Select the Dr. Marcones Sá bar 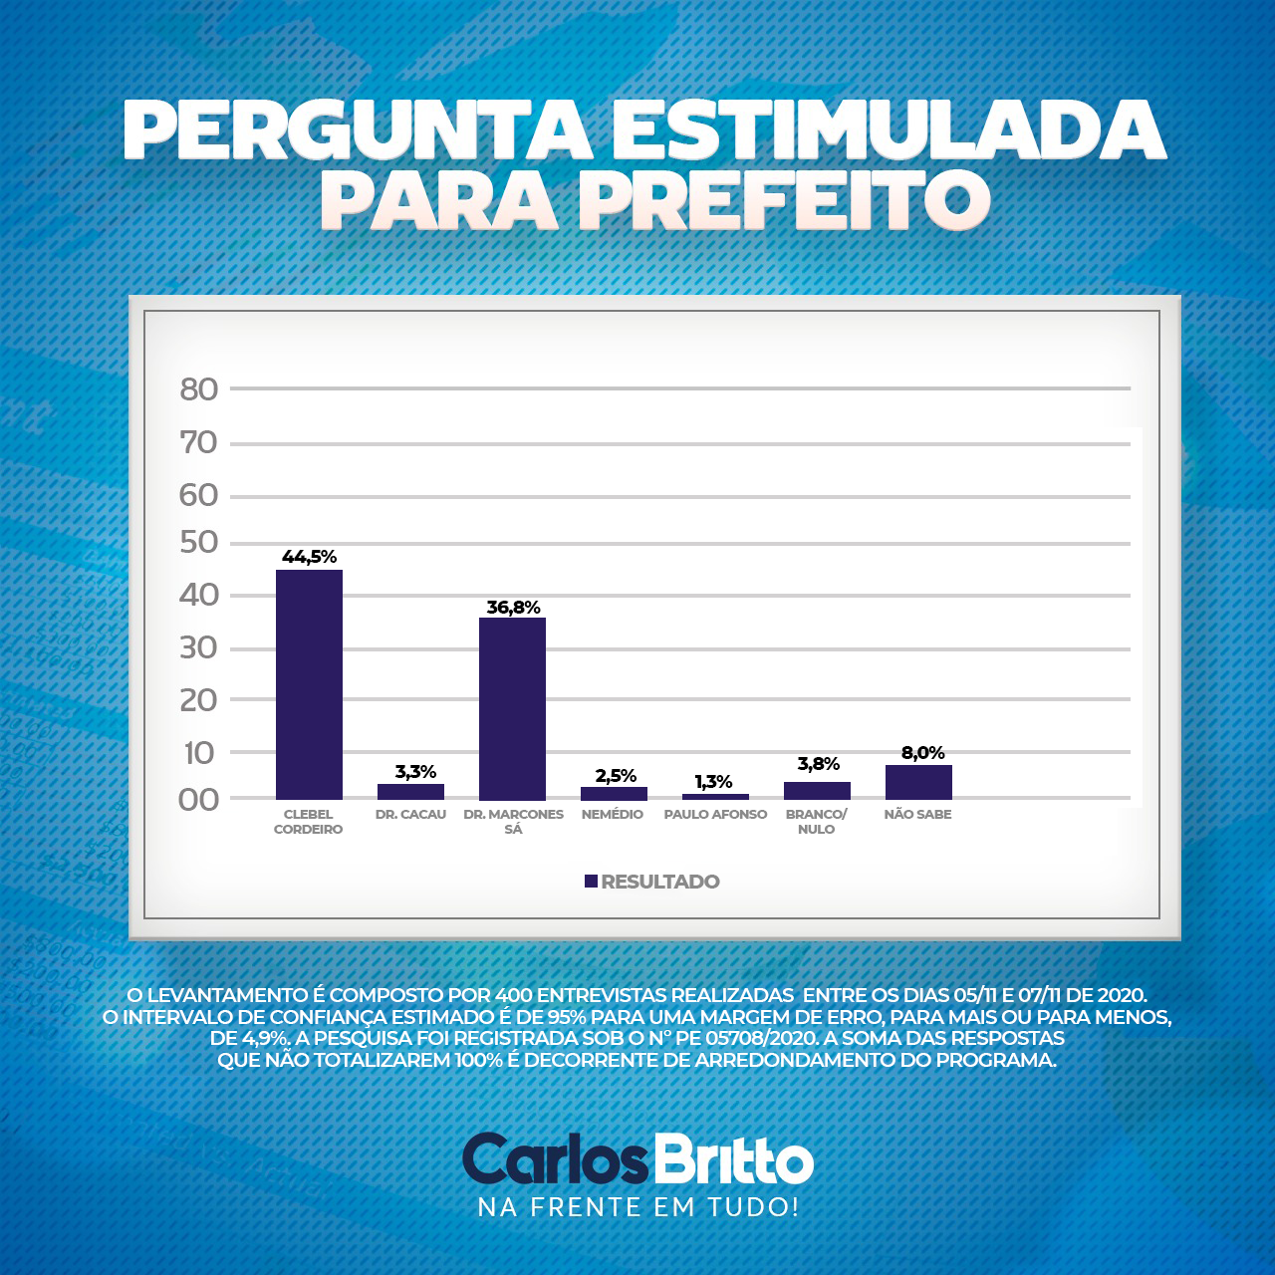[x=512, y=708]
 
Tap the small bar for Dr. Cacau [x=410, y=791]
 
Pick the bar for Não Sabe [x=918, y=782]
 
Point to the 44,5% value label [x=309, y=557]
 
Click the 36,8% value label [x=513, y=607]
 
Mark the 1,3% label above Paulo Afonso [x=714, y=782]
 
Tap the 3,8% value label [x=818, y=764]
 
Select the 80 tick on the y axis [x=199, y=389]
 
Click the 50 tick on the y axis [x=199, y=543]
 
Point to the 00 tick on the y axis [x=199, y=800]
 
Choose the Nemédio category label [x=613, y=815]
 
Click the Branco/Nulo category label [x=817, y=822]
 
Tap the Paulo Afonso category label [x=715, y=815]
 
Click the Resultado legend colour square [x=591, y=882]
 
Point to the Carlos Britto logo [x=637, y=1159]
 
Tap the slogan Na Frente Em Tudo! [x=638, y=1207]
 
